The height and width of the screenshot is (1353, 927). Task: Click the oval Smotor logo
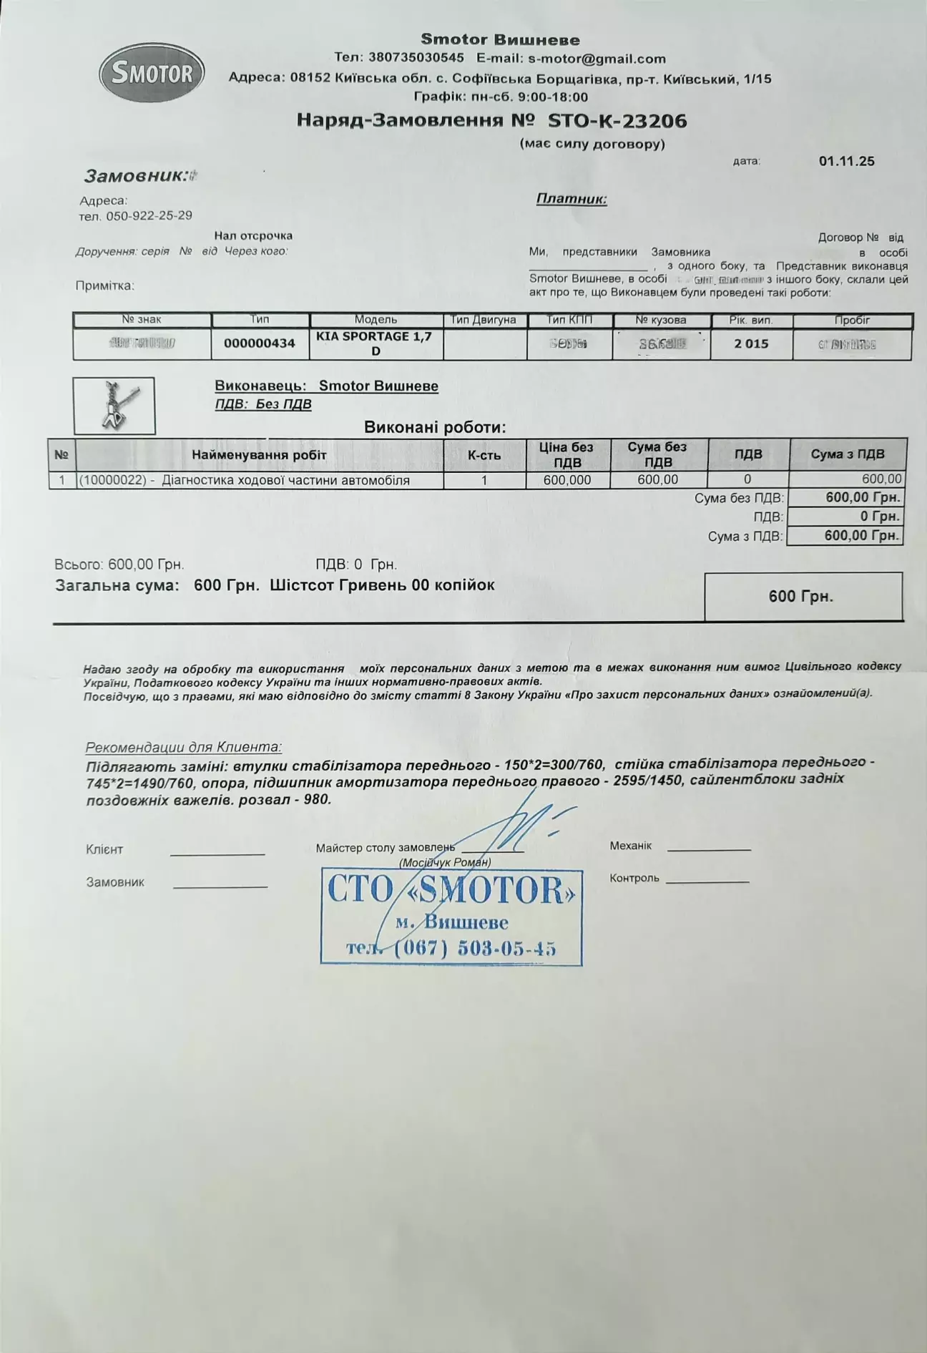click(152, 73)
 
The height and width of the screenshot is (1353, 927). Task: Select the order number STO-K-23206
click(617, 120)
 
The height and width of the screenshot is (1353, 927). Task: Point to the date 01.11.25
click(846, 161)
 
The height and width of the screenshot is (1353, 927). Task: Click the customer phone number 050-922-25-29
click(149, 215)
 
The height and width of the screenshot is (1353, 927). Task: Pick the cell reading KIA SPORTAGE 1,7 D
click(376, 343)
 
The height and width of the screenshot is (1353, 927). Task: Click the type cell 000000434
click(260, 343)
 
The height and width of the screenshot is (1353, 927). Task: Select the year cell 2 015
click(751, 343)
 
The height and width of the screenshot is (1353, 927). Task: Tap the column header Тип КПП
click(569, 320)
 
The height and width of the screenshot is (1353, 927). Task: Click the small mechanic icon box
click(114, 406)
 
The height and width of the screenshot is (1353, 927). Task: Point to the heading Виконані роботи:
click(435, 428)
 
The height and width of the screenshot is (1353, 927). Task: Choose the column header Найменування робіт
click(259, 455)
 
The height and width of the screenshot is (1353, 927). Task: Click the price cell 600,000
click(567, 480)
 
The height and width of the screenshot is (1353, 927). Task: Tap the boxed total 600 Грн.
click(803, 596)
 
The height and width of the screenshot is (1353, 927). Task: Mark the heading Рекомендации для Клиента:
click(184, 747)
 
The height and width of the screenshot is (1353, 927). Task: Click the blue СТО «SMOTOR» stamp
click(451, 917)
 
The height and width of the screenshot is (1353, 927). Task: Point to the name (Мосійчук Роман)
click(445, 863)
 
